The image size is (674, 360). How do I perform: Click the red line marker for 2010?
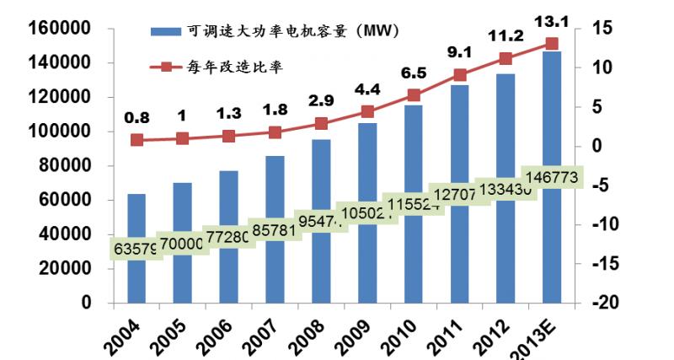[414, 95]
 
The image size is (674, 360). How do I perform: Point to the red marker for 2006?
[228, 136]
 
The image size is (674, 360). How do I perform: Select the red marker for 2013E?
[552, 44]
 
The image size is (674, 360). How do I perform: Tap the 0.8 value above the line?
[136, 119]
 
